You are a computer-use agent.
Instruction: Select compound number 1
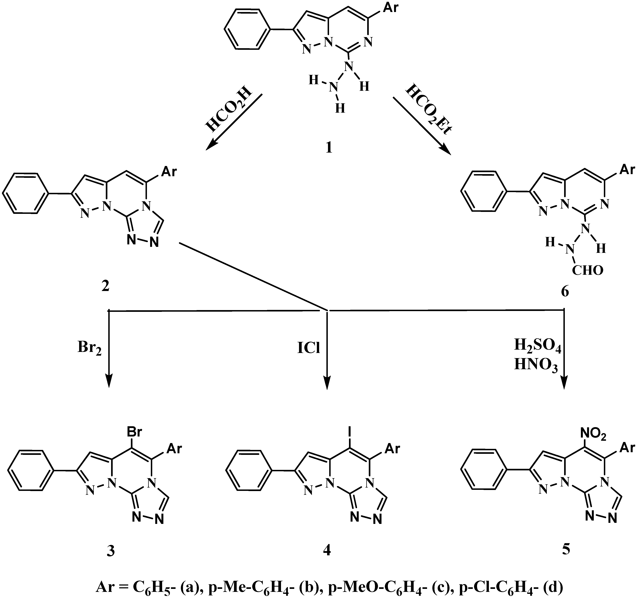pyautogui.click(x=329, y=148)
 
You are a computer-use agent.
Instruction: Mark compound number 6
pyautogui.click(x=565, y=292)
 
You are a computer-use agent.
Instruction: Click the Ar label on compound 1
pyautogui.click(x=391, y=7)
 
